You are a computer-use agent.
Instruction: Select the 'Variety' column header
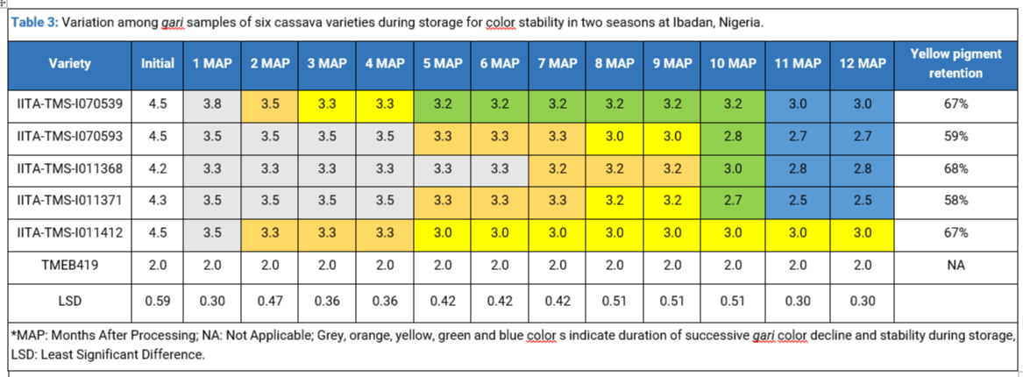pos(69,64)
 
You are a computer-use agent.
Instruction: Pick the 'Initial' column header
pos(158,64)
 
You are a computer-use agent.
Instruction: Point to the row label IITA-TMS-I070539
pos(69,103)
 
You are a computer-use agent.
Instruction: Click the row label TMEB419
pos(69,266)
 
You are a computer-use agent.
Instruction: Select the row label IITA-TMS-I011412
pos(69,233)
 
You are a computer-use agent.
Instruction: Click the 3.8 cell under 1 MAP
pos(212,103)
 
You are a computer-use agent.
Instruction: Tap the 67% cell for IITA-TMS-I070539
pos(958,103)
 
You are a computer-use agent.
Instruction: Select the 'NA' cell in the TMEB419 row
pos(958,266)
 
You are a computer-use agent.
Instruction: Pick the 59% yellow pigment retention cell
pos(958,136)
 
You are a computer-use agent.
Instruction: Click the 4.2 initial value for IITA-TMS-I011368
pos(158,168)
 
